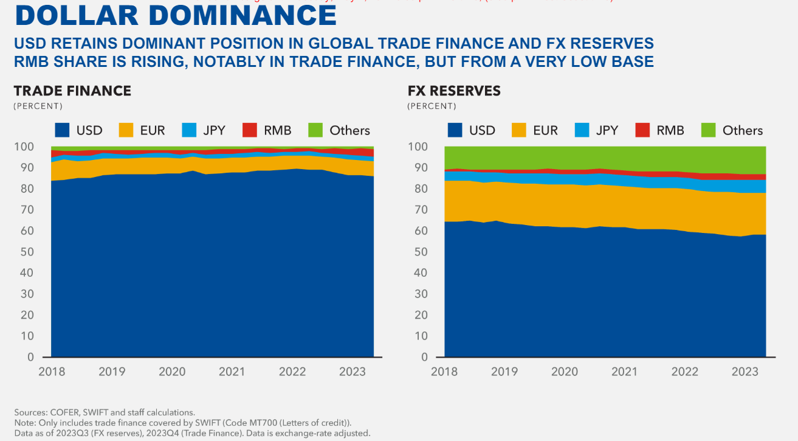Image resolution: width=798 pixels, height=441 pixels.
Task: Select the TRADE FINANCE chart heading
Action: point(72,91)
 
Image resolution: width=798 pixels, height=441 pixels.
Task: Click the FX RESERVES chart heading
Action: point(454,91)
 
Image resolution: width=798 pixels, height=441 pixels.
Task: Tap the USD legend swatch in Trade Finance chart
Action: point(62,130)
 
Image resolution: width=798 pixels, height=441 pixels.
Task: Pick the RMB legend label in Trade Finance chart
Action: point(278,130)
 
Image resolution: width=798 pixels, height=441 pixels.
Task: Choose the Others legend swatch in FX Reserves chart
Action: point(708,130)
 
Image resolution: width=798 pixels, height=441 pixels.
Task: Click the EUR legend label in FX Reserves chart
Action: point(546,130)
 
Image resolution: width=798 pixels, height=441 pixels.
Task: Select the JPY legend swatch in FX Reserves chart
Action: point(582,130)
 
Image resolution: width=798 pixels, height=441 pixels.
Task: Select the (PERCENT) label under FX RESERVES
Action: point(432,106)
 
